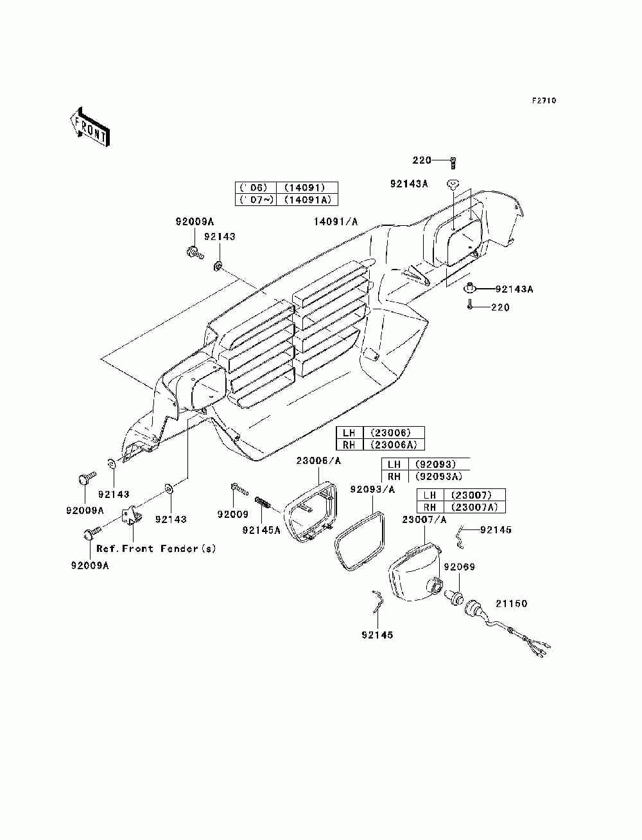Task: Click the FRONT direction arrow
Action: pyautogui.click(x=91, y=126)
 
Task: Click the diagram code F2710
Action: pyautogui.click(x=544, y=101)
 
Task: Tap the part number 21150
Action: pyautogui.click(x=512, y=603)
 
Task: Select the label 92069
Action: pyautogui.click(x=460, y=567)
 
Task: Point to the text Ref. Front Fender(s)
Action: pyautogui.click(x=156, y=549)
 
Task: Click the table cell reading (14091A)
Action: pyautogui.click(x=308, y=200)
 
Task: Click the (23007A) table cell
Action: pyautogui.click(x=474, y=507)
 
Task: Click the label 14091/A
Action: pyautogui.click(x=336, y=221)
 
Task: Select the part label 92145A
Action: pyautogui.click(x=261, y=530)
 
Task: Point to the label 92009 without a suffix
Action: pyautogui.click(x=233, y=515)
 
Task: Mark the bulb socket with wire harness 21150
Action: pyautogui.click(x=505, y=629)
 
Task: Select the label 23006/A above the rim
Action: pyautogui.click(x=318, y=461)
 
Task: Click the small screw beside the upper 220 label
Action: pyautogui.click(x=453, y=164)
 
